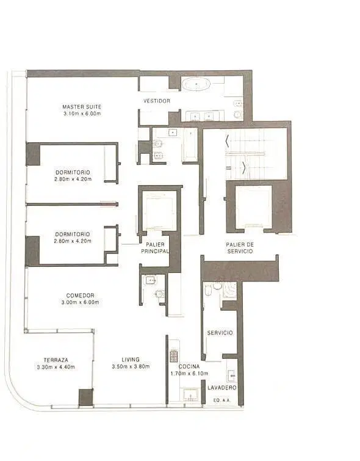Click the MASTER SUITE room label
[82, 107]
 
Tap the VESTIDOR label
[157, 101]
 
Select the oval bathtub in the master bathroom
[196, 84]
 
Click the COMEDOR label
[80, 295]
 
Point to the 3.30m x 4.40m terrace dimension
[56, 367]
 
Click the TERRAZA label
[56, 360]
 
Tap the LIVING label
[131, 359]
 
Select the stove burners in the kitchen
[174, 355]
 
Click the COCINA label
[189, 366]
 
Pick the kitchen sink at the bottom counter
[191, 394]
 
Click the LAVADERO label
[222, 388]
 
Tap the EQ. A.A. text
[222, 400]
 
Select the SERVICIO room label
[220, 333]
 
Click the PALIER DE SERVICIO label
[240, 248]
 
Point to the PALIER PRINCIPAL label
[155, 248]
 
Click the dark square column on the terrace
[86, 397]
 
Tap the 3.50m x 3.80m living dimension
[131, 366]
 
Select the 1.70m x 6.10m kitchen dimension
[189, 374]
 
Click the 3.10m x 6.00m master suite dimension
[82, 114]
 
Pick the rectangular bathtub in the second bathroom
[190, 145]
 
